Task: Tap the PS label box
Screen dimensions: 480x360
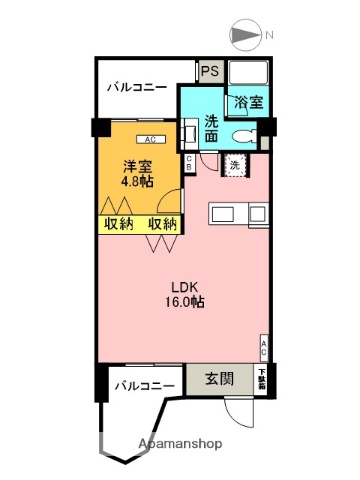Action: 210,71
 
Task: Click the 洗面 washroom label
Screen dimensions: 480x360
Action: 212,129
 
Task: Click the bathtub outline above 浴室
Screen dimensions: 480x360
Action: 248,75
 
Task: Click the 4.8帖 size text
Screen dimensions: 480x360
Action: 137,182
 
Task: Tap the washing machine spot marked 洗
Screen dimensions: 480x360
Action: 233,164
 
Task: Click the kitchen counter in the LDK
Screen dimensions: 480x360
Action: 239,213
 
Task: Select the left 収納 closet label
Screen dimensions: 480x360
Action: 118,223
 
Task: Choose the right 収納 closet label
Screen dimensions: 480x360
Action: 163,223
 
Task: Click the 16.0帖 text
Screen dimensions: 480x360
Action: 185,301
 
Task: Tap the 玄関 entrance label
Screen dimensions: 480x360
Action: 220,379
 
